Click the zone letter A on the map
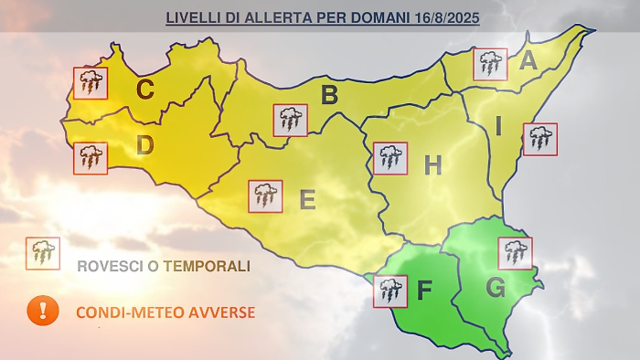(x=528, y=62)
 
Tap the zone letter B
(x=330, y=94)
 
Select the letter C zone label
(x=144, y=90)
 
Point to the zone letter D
(x=144, y=145)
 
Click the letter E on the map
(x=307, y=199)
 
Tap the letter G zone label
(x=496, y=289)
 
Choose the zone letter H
(x=432, y=165)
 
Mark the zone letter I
(x=498, y=127)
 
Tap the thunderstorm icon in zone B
(x=291, y=120)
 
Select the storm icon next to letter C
(x=91, y=83)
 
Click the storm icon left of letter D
(x=91, y=158)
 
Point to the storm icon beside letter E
(x=266, y=196)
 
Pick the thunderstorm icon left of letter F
(x=391, y=291)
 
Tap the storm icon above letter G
(x=516, y=252)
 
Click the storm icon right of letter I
(x=540, y=139)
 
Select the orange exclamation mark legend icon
(x=42, y=311)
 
